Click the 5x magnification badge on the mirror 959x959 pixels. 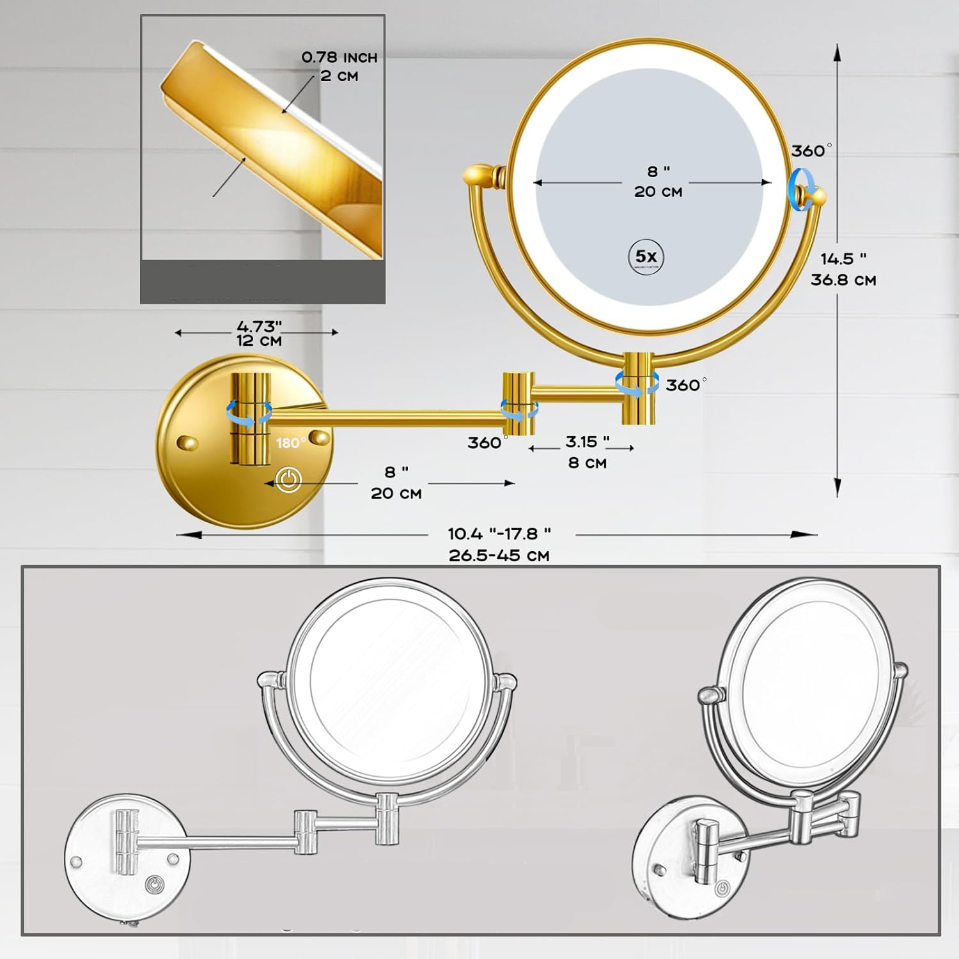coord(646,258)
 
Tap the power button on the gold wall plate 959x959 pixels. coord(288,479)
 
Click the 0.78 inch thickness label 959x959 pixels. coord(339,58)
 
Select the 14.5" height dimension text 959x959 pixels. coord(843,259)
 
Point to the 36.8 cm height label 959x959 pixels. coord(843,280)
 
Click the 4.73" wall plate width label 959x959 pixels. coord(260,327)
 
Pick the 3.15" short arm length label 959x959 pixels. coord(587,442)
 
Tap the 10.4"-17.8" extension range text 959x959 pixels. coord(499,533)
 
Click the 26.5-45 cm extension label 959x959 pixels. coord(499,556)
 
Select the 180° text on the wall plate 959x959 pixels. coord(291,443)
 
